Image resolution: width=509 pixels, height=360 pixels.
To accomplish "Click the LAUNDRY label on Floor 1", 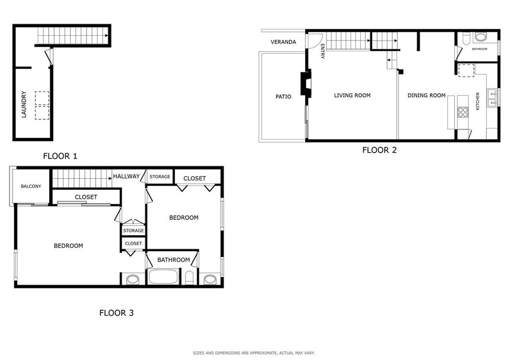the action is coord(24,104).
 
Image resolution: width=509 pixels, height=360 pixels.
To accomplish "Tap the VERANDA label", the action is coord(283,42).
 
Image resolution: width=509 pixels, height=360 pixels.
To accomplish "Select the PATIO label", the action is coord(283,96).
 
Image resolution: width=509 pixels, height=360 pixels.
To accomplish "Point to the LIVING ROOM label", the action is coord(352,95).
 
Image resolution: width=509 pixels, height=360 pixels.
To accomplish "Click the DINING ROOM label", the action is coord(426,95).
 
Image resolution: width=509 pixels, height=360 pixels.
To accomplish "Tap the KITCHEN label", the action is coord(478,101).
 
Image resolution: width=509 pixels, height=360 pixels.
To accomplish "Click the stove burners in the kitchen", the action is coord(463,112).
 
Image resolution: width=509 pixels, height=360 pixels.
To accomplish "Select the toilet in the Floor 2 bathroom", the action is coord(466,39).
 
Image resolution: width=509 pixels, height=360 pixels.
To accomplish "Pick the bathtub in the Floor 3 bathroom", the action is coord(163,276).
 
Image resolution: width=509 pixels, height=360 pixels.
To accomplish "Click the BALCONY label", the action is coord(31,186).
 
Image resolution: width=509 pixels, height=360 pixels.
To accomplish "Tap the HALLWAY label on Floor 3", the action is coord(126,176).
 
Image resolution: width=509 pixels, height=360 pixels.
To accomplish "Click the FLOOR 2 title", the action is coord(379,150).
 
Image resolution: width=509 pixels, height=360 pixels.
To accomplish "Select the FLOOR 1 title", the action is coord(60,156).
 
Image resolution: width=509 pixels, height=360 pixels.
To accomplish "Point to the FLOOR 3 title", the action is coord(116,313).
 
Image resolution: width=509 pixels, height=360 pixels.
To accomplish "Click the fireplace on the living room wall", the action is coord(306,83).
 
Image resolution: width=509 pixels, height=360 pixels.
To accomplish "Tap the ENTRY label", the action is coord(322,51).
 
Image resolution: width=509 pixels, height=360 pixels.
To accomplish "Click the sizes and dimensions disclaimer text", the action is coord(254,353).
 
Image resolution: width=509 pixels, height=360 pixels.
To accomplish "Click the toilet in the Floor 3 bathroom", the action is coord(189,278).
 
